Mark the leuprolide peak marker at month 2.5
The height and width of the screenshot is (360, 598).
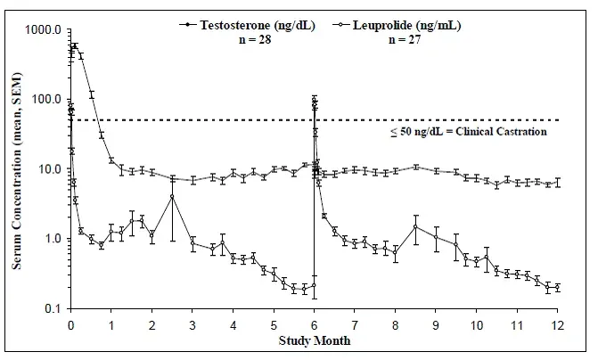(172, 196)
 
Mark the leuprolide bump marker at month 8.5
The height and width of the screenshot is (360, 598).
(415, 227)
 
